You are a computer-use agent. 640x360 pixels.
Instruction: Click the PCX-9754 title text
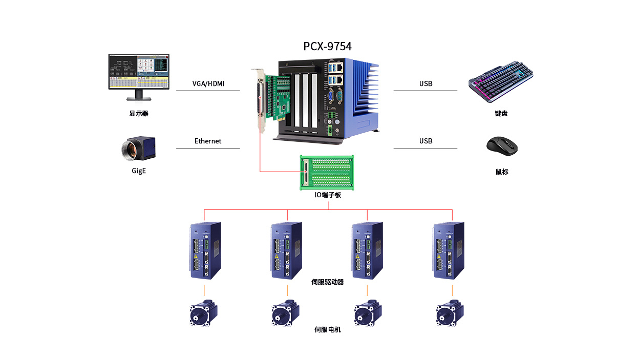[x=327, y=47]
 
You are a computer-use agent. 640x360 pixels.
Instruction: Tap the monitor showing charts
[x=138, y=74]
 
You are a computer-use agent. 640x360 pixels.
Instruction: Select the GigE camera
[x=139, y=148]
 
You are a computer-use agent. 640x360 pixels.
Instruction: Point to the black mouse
[x=502, y=146]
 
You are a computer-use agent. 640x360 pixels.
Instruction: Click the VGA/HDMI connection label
[x=208, y=83]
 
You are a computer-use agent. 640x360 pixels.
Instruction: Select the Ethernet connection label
[x=208, y=141]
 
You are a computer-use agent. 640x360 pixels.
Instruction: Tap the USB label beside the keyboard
[x=425, y=83]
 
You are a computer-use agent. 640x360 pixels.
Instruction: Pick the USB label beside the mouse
[x=425, y=141]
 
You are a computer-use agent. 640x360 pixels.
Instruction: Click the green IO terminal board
[x=328, y=172]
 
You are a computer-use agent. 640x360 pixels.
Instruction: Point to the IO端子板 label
[x=328, y=195]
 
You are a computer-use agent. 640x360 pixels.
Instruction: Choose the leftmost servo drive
[x=205, y=250]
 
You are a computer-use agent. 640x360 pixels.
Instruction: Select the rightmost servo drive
[x=449, y=250]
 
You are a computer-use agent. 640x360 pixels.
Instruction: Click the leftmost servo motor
[x=204, y=312]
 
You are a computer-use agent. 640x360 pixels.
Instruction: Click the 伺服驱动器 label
[x=328, y=282]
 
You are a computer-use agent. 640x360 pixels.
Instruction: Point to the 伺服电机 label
[x=328, y=330]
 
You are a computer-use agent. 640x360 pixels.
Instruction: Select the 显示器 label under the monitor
[x=139, y=114]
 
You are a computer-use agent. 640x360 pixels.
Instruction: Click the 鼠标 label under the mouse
[x=502, y=172]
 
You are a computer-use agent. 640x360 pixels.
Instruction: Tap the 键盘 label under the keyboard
[x=501, y=114]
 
